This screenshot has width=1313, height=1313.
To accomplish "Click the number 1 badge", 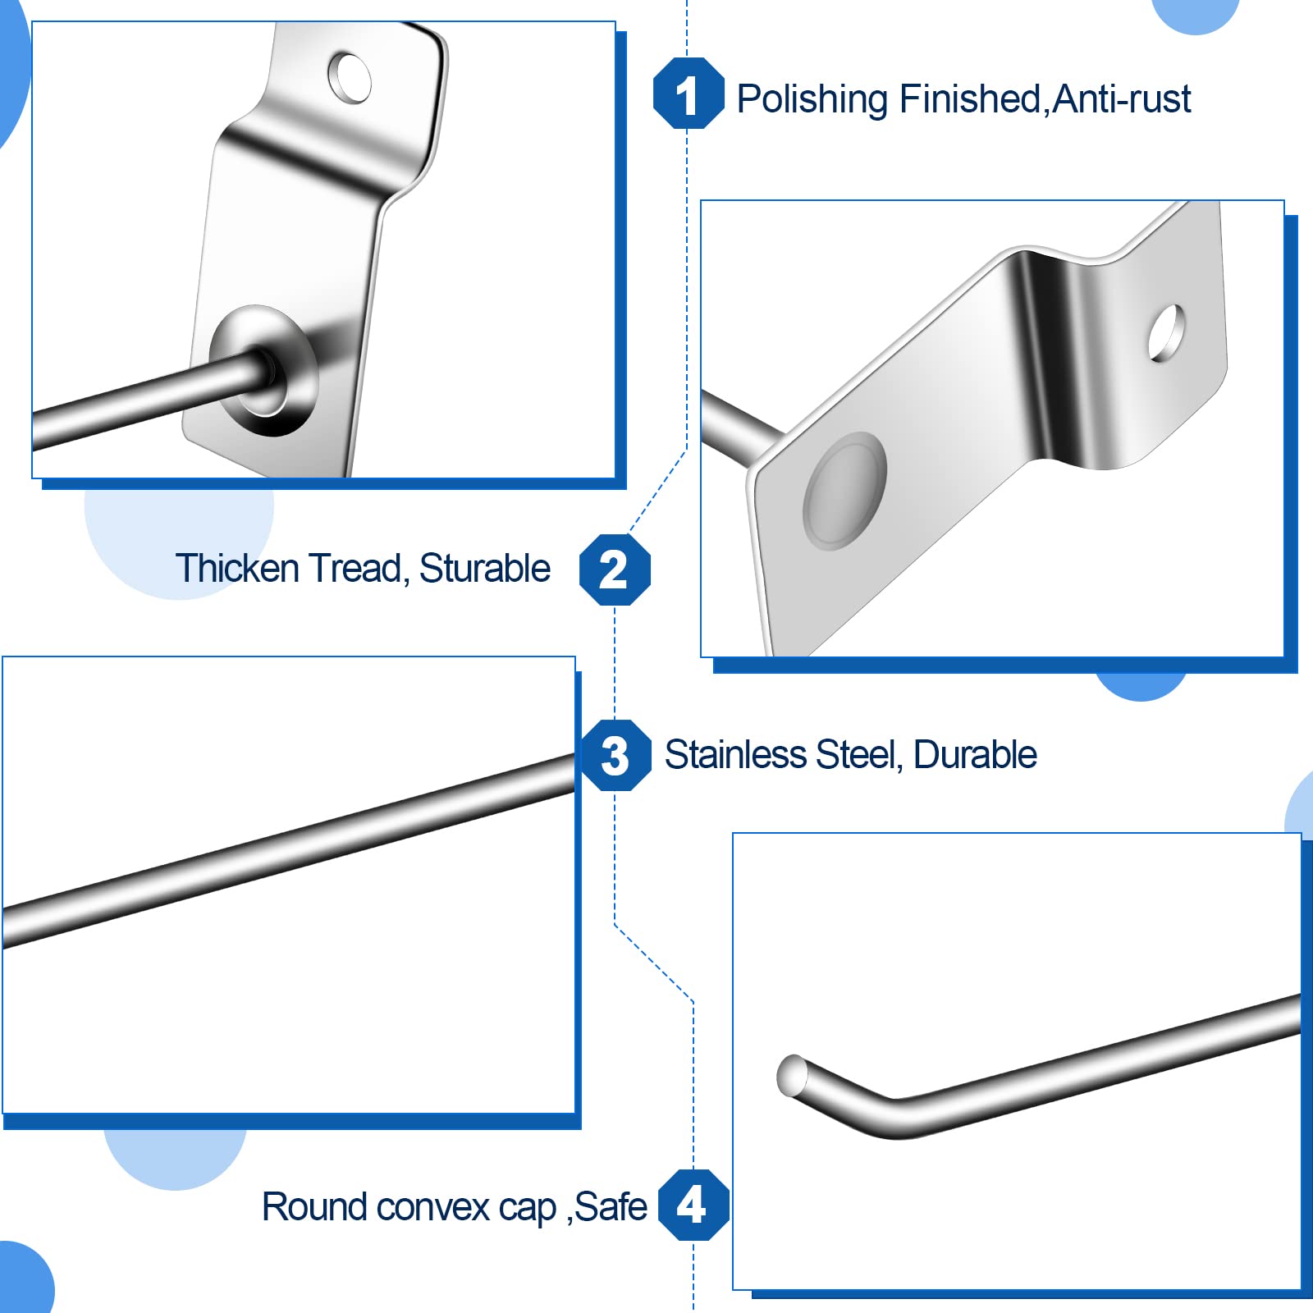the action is coord(689,94).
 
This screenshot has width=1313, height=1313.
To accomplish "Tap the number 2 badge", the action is coord(615,570).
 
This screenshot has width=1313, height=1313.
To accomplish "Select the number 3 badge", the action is coord(616,755).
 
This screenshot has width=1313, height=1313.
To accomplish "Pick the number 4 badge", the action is coord(693,1205).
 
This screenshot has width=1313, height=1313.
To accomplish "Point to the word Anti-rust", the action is coord(1121,99).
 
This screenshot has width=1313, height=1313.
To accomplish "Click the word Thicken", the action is coord(237,568).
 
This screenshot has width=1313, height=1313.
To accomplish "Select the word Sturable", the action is coord(485,568).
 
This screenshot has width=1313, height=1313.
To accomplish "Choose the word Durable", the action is coord(975,755).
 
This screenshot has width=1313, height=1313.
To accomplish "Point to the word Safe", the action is coord(611,1206).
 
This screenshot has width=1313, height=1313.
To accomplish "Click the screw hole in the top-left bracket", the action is coord(350,78).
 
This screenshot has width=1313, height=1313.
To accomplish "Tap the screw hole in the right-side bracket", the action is coord(1166,333).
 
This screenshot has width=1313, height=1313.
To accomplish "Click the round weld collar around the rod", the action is coord(264,371).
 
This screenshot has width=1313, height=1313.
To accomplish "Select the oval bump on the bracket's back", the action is coord(845,491).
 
